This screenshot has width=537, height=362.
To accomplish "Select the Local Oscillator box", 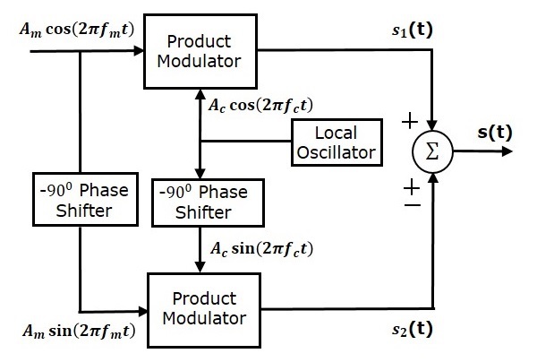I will [x=335, y=142].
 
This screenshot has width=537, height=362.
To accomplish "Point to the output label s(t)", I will [x=494, y=132].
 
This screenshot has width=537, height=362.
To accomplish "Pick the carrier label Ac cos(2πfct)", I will [x=260, y=105].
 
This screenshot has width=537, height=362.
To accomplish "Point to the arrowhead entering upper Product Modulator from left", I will [x=139, y=52].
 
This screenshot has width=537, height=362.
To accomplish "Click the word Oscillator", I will [x=335, y=152].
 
